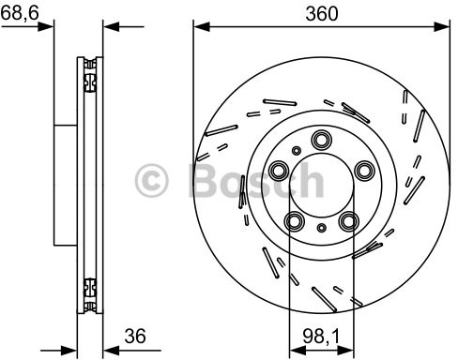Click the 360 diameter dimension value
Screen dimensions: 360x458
(321, 13)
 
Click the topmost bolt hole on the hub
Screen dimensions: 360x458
(320, 142)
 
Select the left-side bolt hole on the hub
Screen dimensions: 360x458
(280, 171)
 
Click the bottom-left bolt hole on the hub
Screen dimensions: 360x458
(295, 221)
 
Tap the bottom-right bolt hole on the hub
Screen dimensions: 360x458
(348, 221)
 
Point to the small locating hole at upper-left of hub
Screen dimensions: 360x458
(296, 149)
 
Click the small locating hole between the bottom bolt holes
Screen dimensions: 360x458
(321, 228)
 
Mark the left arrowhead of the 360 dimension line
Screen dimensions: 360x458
(199, 27)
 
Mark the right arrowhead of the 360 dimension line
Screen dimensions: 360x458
(444, 27)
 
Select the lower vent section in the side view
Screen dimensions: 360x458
(90, 291)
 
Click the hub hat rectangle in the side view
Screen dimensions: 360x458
(66, 183)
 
